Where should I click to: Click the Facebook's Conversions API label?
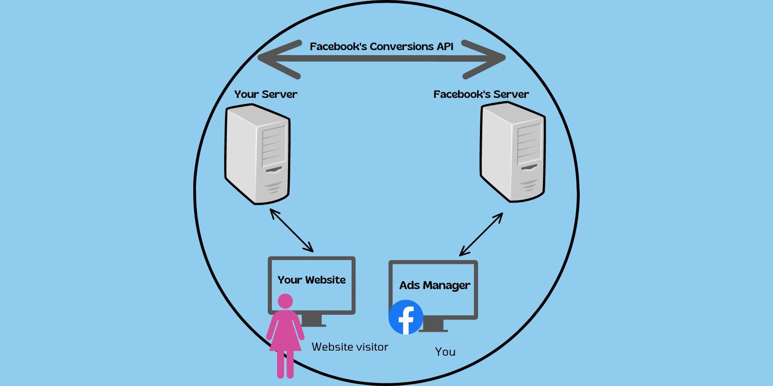pyautogui.click(x=381, y=46)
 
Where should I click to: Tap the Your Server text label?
pyautogui.click(x=265, y=94)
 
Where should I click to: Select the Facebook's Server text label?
pyautogui.click(x=481, y=94)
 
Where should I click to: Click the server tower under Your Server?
pyautogui.click(x=257, y=154)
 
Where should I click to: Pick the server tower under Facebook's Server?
pyautogui.click(x=512, y=152)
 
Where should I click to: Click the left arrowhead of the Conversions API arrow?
pyautogui.click(x=276, y=59)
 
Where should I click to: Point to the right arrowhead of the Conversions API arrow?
pyautogui.click(x=488, y=59)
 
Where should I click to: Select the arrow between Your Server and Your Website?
pyautogui.click(x=292, y=230)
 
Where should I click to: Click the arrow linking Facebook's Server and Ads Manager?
pyautogui.click(x=481, y=234)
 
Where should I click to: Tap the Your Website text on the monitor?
pyautogui.click(x=312, y=280)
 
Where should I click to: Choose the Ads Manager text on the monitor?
pyautogui.click(x=434, y=285)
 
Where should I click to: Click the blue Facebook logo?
pyautogui.click(x=405, y=317)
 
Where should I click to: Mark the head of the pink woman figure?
pyautogui.click(x=285, y=301)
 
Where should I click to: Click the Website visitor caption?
pyautogui.click(x=350, y=347)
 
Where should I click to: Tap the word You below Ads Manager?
pyautogui.click(x=445, y=352)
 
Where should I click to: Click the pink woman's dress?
pyautogui.click(x=285, y=333)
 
